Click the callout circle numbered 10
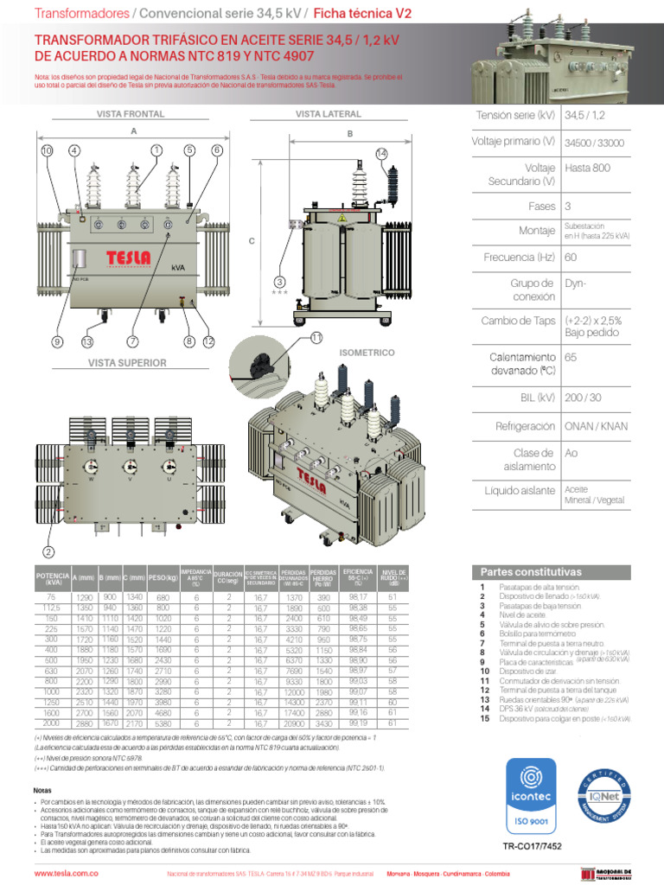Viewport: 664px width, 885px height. tap(48, 150)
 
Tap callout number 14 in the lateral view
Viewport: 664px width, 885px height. tap(381, 153)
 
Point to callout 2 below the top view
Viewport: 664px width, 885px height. tap(48, 552)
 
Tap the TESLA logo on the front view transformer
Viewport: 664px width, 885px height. tap(128, 258)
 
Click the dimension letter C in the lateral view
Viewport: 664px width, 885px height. tap(252, 242)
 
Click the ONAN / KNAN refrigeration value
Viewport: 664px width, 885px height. tap(596, 426)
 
